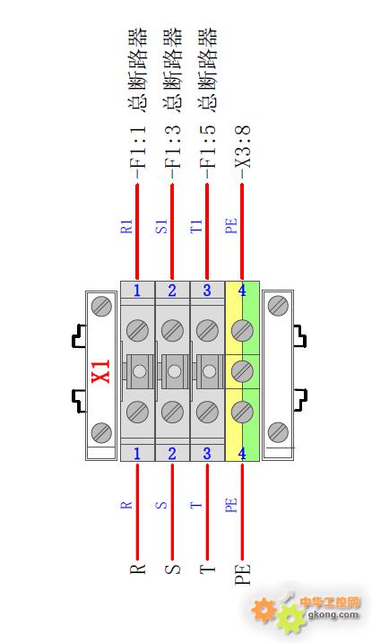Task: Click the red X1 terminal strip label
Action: point(101,371)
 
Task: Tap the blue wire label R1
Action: point(126,226)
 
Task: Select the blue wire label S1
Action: point(161,226)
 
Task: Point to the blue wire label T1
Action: point(196,226)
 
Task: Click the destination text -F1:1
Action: point(138,152)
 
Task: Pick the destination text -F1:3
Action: point(173,152)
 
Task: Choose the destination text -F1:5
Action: point(208,152)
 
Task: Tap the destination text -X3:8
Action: point(243,152)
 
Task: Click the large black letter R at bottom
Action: point(138,569)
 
